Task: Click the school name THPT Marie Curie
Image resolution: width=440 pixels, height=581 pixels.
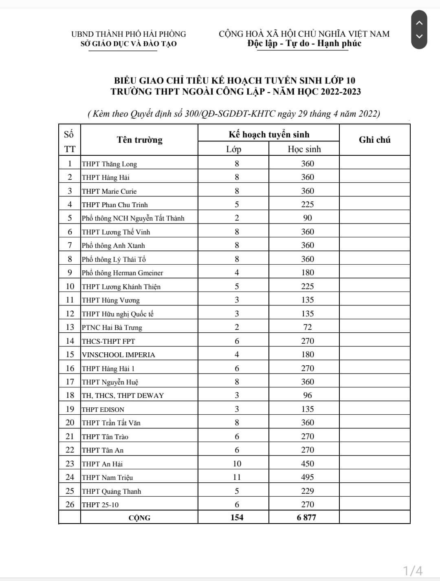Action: pyautogui.click(x=109, y=191)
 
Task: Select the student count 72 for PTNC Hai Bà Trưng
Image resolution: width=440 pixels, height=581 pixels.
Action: pyautogui.click(x=308, y=327)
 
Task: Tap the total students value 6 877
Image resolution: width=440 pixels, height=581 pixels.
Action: pyautogui.click(x=306, y=517)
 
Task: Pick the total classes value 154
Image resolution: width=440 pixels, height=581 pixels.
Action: pyautogui.click(x=237, y=517)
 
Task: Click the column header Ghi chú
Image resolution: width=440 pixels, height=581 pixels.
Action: pyautogui.click(x=374, y=140)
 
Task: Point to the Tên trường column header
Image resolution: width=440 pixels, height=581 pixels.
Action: pyautogui.click(x=139, y=140)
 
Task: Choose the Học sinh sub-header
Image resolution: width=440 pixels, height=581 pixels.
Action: pyautogui.click(x=304, y=149)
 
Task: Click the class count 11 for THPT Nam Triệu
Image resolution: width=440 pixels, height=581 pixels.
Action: pyautogui.click(x=237, y=477)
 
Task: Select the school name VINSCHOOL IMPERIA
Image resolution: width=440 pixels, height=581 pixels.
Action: pyautogui.click(x=119, y=355)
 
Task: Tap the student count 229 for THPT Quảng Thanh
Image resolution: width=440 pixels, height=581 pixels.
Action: pyautogui.click(x=308, y=491)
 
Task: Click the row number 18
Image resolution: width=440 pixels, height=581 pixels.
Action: pyautogui.click(x=70, y=395)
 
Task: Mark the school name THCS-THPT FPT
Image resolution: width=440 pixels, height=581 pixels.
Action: pyautogui.click(x=108, y=341)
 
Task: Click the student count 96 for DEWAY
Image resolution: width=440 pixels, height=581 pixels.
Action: pyautogui.click(x=308, y=395)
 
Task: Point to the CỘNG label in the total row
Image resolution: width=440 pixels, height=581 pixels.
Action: pyautogui.click(x=139, y=518)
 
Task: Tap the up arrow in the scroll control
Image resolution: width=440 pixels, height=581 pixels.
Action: pyautogui.click(x=419, y=23)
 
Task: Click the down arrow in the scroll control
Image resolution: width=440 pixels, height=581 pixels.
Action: pyautogui.click(x=419, y=36)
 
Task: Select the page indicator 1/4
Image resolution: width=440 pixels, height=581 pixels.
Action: pyautogui.click(x=412, y=570)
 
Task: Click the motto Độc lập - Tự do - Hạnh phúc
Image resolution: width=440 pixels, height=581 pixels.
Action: pyautogui.click(x=304, y=43)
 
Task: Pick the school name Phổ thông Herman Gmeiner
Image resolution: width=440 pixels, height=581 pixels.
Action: pyautogui.click(x=122, y=273)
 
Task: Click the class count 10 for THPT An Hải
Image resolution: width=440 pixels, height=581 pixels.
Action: pyautogui.click(x=237, y=464)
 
